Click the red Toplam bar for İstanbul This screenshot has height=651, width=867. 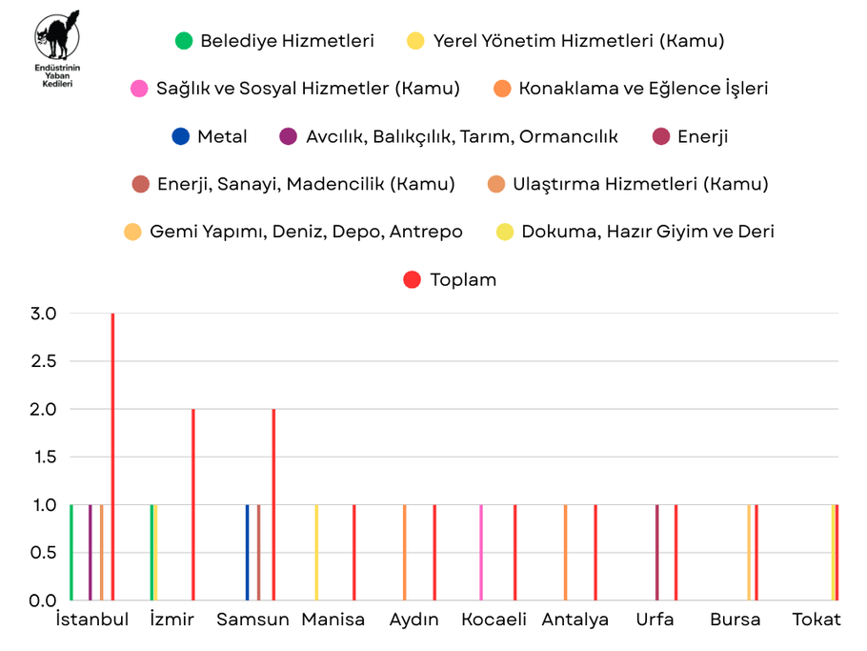coord(112,458)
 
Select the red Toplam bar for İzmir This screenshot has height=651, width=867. coord(192,505)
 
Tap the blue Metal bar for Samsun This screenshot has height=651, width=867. coord(247,553)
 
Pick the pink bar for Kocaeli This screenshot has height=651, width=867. coord(481,553)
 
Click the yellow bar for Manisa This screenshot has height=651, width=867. coord(316,553)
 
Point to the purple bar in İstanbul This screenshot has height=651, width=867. coord(91,553)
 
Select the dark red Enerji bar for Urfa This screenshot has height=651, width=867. coord(657,553)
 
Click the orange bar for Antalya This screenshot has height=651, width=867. coord(565,553)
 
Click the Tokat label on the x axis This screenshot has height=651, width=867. coord(817,620)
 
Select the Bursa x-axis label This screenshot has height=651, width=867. coord(736,620)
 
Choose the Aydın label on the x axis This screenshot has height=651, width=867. coord(414,620)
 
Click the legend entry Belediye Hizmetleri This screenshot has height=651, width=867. coord(287,41)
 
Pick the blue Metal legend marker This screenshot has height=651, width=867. coord(181,136)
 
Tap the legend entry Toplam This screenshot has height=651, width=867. coord(463,279)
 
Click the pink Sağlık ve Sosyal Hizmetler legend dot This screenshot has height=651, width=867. coord(139,89)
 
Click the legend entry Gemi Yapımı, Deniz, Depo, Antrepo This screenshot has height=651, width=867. coord(306,232)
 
